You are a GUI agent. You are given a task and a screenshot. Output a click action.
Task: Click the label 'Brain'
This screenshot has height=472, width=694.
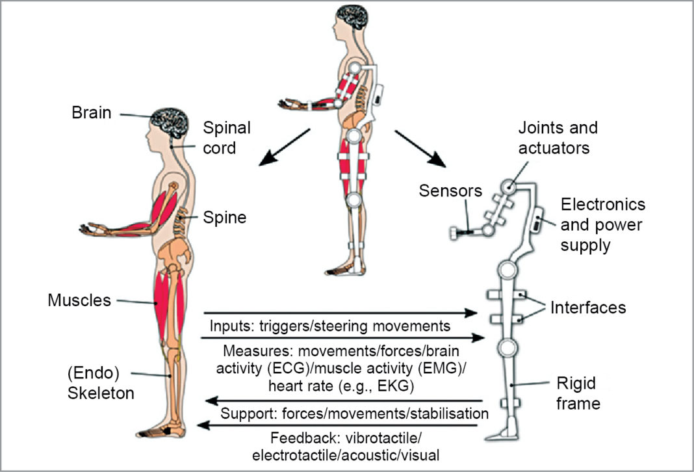pyautogui.click(x=91, y=112)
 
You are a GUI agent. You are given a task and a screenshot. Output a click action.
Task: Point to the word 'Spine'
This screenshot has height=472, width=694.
pyautogui.click(x=224, y=217)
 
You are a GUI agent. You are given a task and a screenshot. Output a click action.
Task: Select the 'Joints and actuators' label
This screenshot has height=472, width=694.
pyautogui.click(x=558, y=137)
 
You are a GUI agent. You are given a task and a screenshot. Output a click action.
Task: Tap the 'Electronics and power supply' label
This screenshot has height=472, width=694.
pyautogui.click(x=602, y=225)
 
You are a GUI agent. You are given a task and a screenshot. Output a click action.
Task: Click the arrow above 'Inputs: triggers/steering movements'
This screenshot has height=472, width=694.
pyautogui.click(x=344, y=313)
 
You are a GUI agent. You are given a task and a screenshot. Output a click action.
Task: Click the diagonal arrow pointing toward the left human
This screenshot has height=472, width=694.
pyautogui.click(x=281, y=146)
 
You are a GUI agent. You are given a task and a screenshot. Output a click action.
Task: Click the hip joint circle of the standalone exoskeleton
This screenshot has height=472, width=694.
pyautogui.click(x=506, y=268)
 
